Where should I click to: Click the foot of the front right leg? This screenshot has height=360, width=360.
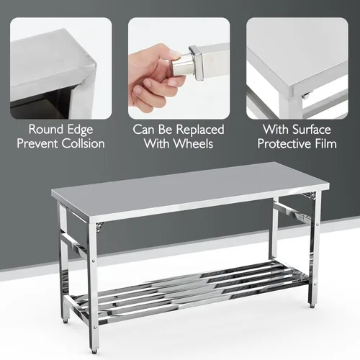point(312,303)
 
